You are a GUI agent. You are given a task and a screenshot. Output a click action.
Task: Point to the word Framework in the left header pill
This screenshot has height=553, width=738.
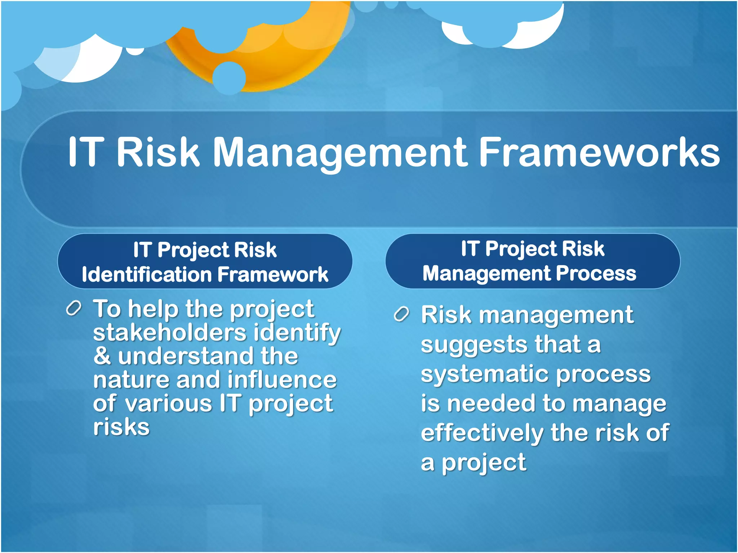coord(273,275)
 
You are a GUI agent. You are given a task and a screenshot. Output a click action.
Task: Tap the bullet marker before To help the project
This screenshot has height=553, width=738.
coord(74,309)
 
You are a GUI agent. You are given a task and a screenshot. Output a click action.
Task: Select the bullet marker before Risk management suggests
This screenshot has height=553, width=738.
coord(401,314)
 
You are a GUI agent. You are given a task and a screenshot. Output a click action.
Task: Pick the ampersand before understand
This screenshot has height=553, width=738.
coord(102,356)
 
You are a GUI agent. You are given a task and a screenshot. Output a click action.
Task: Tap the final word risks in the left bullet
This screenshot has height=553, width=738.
coord(121,427)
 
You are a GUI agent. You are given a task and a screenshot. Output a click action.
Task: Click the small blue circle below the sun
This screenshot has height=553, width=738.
coord(229,78)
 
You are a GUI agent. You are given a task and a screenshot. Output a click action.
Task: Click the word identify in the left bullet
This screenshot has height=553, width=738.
coord(297,333)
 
